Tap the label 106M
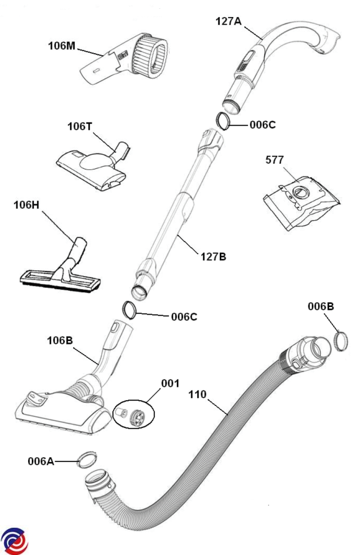point(62,46)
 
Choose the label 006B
point(321,306)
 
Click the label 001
point(170,383)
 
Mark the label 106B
point(60,341)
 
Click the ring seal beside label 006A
point(87,460)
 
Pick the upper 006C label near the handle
point(263,124)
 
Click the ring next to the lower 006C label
point(129,309)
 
